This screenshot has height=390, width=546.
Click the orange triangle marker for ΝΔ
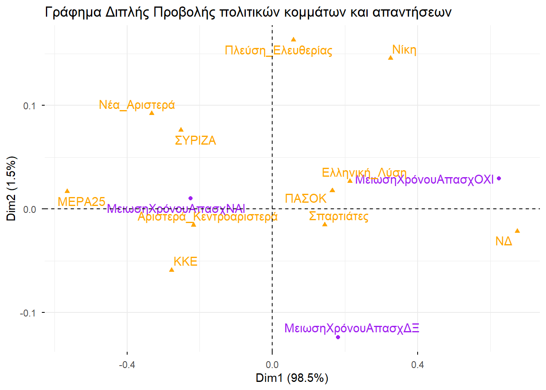tap(517, 231)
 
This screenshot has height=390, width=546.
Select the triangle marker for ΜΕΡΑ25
tap(67, 191)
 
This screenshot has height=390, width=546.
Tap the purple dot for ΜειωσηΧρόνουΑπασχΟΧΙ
tap(499, 178)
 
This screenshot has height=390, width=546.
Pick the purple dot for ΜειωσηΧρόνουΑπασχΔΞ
tap(338, 337)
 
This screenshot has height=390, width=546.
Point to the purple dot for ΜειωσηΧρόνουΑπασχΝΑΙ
tap(191, 198)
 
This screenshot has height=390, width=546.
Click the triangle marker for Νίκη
tap(390, 58)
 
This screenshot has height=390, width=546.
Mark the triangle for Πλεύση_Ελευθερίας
tap(293, 39)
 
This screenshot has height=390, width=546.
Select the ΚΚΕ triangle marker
tap(171, 270)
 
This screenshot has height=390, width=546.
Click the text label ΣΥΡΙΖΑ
tap(195, 141)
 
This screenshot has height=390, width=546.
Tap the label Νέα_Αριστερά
tap(137, 105)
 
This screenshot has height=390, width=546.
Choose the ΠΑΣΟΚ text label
tap(305, 199)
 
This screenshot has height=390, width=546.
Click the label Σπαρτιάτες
tap(338, 216)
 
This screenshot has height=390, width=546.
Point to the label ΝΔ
tap(504, 241)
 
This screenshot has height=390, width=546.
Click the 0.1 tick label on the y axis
tap(30, 106)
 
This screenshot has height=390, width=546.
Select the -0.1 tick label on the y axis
tap(28, 313)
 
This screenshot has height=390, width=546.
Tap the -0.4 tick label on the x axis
tap(127, 365)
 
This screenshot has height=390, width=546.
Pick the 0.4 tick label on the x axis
tap(417, 365)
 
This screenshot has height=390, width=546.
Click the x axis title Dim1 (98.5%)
tap(292, 378)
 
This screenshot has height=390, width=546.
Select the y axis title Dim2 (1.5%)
tap(11, 188)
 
